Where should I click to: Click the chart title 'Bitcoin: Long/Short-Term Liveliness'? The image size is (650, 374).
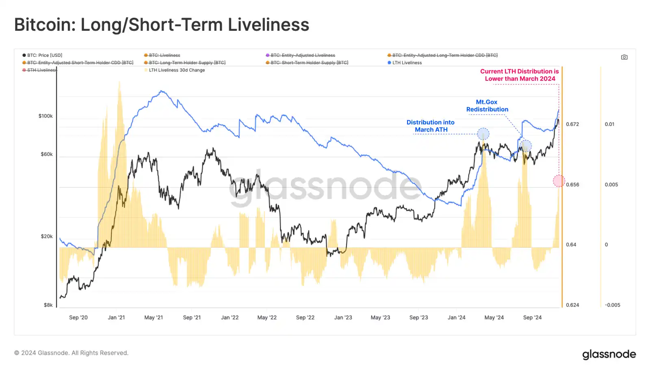(162, 25)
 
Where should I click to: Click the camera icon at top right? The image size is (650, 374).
(624, 57)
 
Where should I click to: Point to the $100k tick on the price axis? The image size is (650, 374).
(45, 116)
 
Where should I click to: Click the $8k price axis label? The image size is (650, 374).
(48, 305)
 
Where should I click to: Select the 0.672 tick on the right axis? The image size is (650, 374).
(572, 124)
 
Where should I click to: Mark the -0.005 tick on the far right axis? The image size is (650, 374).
(612, 305)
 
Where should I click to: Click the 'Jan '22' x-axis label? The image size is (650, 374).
(230, 318)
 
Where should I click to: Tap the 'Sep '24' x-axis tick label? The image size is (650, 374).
(532, 318)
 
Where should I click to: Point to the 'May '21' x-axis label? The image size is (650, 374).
(154, 318)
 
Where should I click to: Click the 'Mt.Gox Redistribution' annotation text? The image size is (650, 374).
(487, 106)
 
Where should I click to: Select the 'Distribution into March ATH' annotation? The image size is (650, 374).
(431, 126)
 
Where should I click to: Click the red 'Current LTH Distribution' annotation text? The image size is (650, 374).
(520, 75)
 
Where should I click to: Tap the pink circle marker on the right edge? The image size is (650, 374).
(559, 181)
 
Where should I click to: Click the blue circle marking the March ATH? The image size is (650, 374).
(483, 134)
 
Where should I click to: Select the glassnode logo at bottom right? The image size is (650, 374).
(609, 354)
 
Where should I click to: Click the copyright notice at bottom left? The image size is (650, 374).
(71, 353)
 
